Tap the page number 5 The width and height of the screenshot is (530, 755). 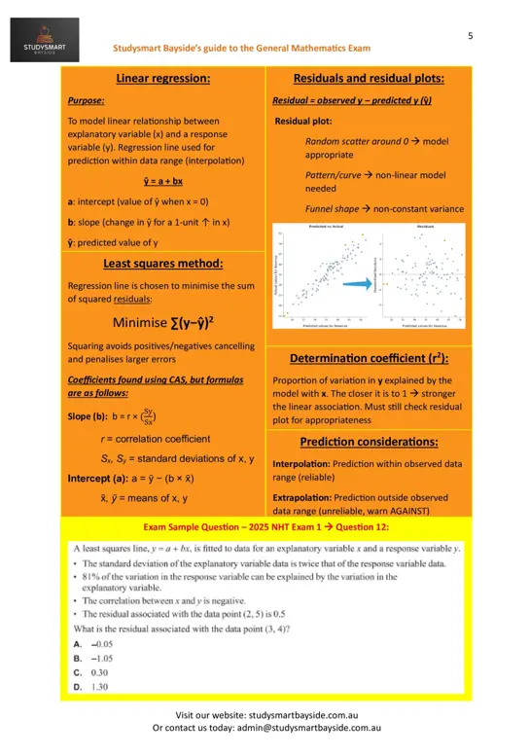click(471, 36)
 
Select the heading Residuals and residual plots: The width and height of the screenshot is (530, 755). click(369, 79)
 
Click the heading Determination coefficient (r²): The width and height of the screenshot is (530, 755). click(369, 358)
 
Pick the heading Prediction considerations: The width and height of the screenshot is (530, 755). click(369, 442)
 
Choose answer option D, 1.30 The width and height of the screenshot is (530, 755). click(90, 686)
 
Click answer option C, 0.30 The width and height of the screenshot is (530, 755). click(90, 672)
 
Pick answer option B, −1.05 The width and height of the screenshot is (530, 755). click(94, 658)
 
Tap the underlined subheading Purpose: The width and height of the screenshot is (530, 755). click(87, 100)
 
